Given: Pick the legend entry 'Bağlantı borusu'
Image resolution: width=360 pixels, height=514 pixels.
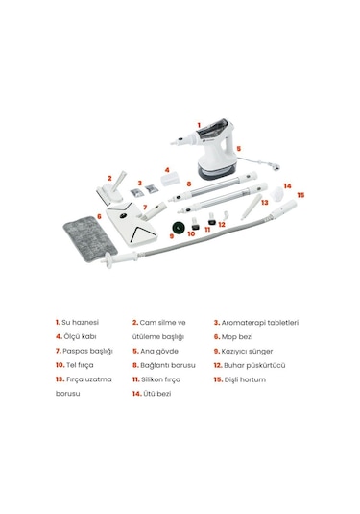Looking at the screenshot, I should pyautogui.click(x=168, y=365).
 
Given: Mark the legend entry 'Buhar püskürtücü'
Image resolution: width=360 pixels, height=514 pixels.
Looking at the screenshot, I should pyautogui.click(x=259, y=365).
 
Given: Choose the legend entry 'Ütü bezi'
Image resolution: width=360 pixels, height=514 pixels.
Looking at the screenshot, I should pyautogui.click(x=158, y=394).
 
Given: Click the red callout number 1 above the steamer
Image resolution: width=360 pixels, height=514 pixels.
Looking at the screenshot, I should pyautogui.click(x=199, y=125).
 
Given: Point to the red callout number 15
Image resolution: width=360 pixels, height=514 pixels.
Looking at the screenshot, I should pyautogui.click(x=300, y=195).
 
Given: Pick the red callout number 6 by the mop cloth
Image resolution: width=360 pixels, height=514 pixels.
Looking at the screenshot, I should pyautogui.click(x=99, y=217).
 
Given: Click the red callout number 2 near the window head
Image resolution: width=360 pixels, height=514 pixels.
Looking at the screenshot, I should pyautogui.click(x=109, y=178).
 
